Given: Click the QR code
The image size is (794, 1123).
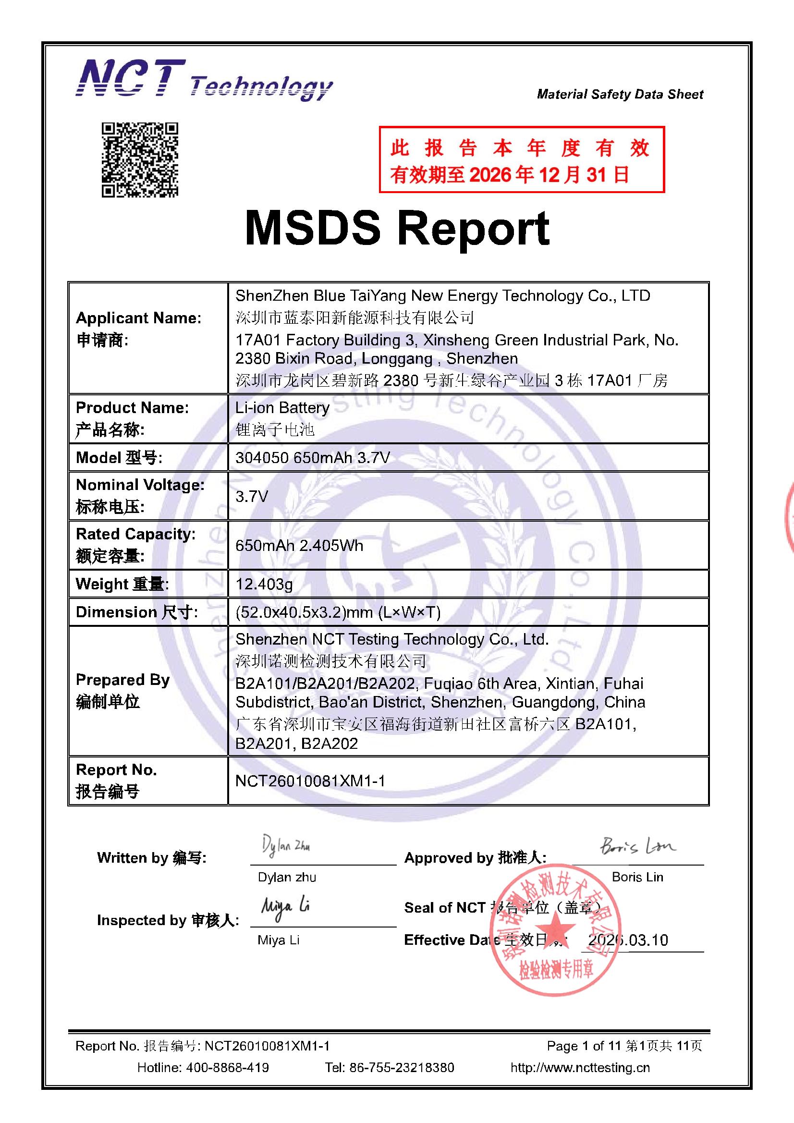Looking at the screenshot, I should point(139,159).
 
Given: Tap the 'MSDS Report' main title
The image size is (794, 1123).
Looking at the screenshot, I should point(397,228).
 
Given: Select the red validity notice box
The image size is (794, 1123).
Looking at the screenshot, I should point(522,159).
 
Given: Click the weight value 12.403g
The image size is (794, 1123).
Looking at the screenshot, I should point(264,584).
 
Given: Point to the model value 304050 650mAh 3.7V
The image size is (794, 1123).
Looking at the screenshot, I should point(312,457).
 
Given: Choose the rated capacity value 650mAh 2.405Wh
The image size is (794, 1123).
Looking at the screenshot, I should point(299,545).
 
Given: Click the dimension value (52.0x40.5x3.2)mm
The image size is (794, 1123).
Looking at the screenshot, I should point(338,612).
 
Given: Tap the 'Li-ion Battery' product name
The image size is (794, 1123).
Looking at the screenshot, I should point(282,407).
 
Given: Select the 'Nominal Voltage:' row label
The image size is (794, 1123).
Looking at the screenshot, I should point(140,485).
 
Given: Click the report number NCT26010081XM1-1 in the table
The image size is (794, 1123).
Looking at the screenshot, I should point(310,781).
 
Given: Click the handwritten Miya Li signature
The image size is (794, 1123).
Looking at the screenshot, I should point(285,908).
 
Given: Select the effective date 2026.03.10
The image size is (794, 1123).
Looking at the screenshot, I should point(628,940).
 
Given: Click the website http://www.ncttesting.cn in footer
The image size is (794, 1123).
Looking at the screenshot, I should point(580,1067).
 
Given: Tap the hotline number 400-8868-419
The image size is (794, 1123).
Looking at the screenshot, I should point(227,1067).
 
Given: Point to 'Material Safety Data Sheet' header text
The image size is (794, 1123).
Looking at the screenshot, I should point(620,94).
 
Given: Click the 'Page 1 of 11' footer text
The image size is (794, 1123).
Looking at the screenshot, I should point(583,1046).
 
